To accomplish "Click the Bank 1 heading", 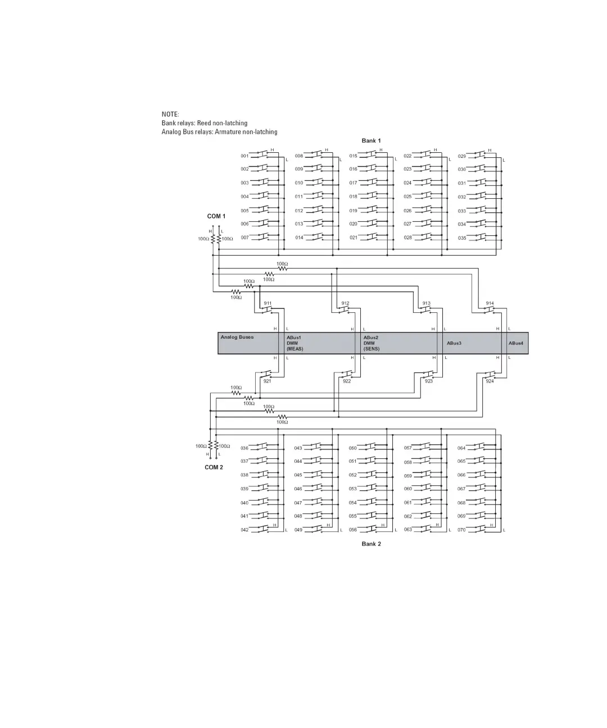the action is pos(371,140).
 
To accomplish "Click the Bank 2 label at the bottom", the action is pos(371,544).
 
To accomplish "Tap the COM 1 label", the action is pos(216,216).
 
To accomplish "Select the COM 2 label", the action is pos(214,467).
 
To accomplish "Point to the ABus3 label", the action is pos(454,343).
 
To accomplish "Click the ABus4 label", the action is pos(516,343).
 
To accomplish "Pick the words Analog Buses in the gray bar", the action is pos(237,337).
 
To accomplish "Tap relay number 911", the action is pos(268,303).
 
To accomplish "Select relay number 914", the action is pos(490,303).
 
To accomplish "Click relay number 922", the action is pos(347,381).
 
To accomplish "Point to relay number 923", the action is pos(429,381).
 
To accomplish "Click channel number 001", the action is pos(244,156).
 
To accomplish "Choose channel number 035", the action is pos(461,238).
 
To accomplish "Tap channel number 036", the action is pos(244,448).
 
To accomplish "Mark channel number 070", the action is pos(461,530).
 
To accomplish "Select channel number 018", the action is pos(353,197).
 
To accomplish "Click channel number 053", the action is pos(352,489).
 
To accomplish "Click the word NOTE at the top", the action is pos(170,114).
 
